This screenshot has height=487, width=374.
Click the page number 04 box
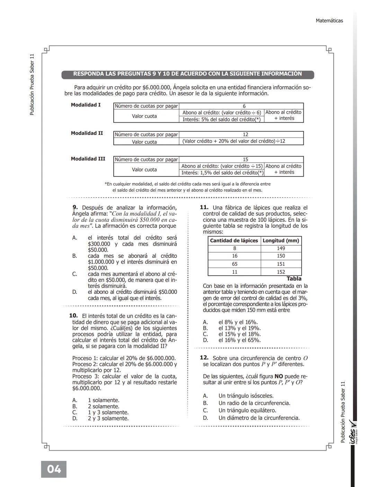click(x=54, y=469)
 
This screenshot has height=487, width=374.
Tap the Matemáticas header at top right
click(x=329, y=21)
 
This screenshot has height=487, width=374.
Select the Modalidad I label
click(x=86, y=105)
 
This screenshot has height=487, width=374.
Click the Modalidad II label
click(x=87, y=133)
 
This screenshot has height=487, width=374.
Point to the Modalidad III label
click(x=88, y=159)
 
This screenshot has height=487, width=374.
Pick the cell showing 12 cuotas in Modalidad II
click(x=245, y=134)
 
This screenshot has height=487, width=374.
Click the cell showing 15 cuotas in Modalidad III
click(x=245, y=159)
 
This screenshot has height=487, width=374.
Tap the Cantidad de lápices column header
click(x=234, y=241)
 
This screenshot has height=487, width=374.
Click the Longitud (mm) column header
click(x=281, y=241)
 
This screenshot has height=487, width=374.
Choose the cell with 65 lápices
click(x=234, y=264)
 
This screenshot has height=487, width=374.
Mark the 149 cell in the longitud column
click(x=281, y=248)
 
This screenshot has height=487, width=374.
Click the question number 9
click(x=75, y=208)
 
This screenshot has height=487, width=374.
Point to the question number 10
click(x=73, y=316)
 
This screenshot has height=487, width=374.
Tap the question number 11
click(x=204, y=207)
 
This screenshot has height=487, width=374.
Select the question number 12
click(x=204, y=358)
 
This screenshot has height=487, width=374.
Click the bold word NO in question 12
click(x=279, y=376)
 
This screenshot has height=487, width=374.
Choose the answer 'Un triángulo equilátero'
click(x=247, y=410)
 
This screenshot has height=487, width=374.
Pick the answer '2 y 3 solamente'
click(x=108, y=418)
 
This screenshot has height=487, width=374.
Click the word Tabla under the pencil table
click(x=294, y=279)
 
